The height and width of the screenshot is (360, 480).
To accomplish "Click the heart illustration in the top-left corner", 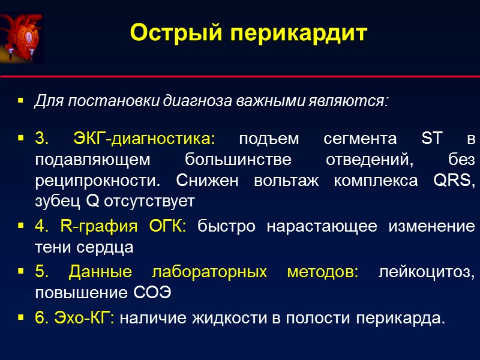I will (x=22, y=37).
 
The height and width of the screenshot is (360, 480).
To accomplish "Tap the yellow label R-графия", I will (x=94, y=227).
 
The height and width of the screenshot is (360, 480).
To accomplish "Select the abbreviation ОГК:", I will (x=163, y=227).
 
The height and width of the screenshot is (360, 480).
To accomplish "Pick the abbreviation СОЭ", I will (x=149, y=293).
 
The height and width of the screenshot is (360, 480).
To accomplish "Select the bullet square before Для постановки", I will (x=21, y=101).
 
